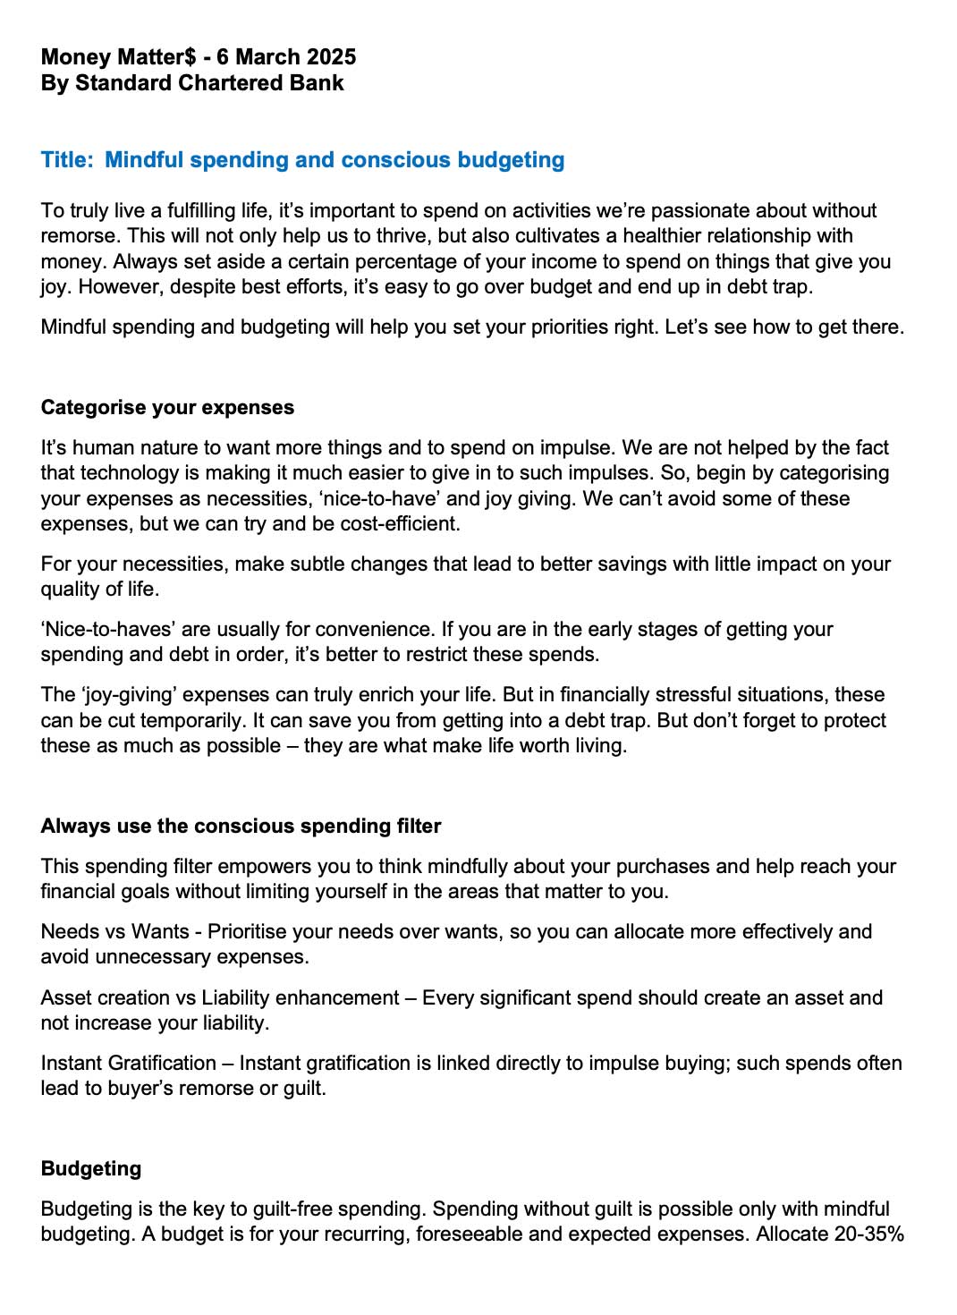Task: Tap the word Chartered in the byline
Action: click(x=225, y=83)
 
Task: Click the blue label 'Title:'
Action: click(x=67, y=160)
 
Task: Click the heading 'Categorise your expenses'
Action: click(x=167, y=408)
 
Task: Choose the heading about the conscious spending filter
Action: click(x=241, y=827)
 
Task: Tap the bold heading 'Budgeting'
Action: click(x=91, y=1169)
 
